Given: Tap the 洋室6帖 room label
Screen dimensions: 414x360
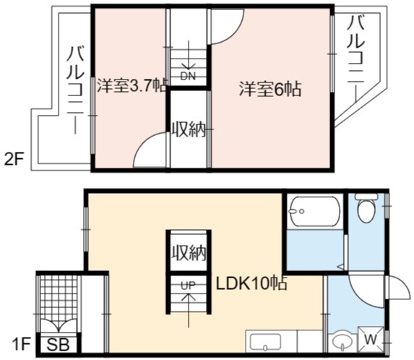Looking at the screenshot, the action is (x=270, y=89).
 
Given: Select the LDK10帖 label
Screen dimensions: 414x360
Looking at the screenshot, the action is (x=252, y=283).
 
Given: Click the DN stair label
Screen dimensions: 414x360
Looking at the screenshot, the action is (x=188, y=76).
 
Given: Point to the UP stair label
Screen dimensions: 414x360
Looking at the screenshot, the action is (x=189, y=286).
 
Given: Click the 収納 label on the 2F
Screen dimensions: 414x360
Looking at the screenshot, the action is (x=189, y=129).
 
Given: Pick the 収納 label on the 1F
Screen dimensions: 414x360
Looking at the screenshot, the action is (x=189, y=253).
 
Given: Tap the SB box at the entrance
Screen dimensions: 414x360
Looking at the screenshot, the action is (x=59, y=344).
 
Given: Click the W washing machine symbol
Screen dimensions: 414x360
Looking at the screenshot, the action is (x=371, y=340).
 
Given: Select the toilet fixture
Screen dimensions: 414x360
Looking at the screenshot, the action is (x=366, y=207).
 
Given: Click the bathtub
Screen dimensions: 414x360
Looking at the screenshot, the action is (x=314, y=211).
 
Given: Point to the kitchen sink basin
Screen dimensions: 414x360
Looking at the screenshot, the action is (x=265, y=343).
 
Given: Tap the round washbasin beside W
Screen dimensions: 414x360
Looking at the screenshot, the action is (x=342, y=343).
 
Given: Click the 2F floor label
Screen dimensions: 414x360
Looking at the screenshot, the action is (x=14, y=160).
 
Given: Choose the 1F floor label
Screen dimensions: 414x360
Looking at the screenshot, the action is (x=21, y=344).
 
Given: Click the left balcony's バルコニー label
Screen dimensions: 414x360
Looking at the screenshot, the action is (x=76, y=90).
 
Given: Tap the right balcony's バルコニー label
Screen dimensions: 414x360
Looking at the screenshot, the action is (x=356, y=59).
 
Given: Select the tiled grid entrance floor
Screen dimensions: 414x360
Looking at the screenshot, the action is (x=59, y=301).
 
